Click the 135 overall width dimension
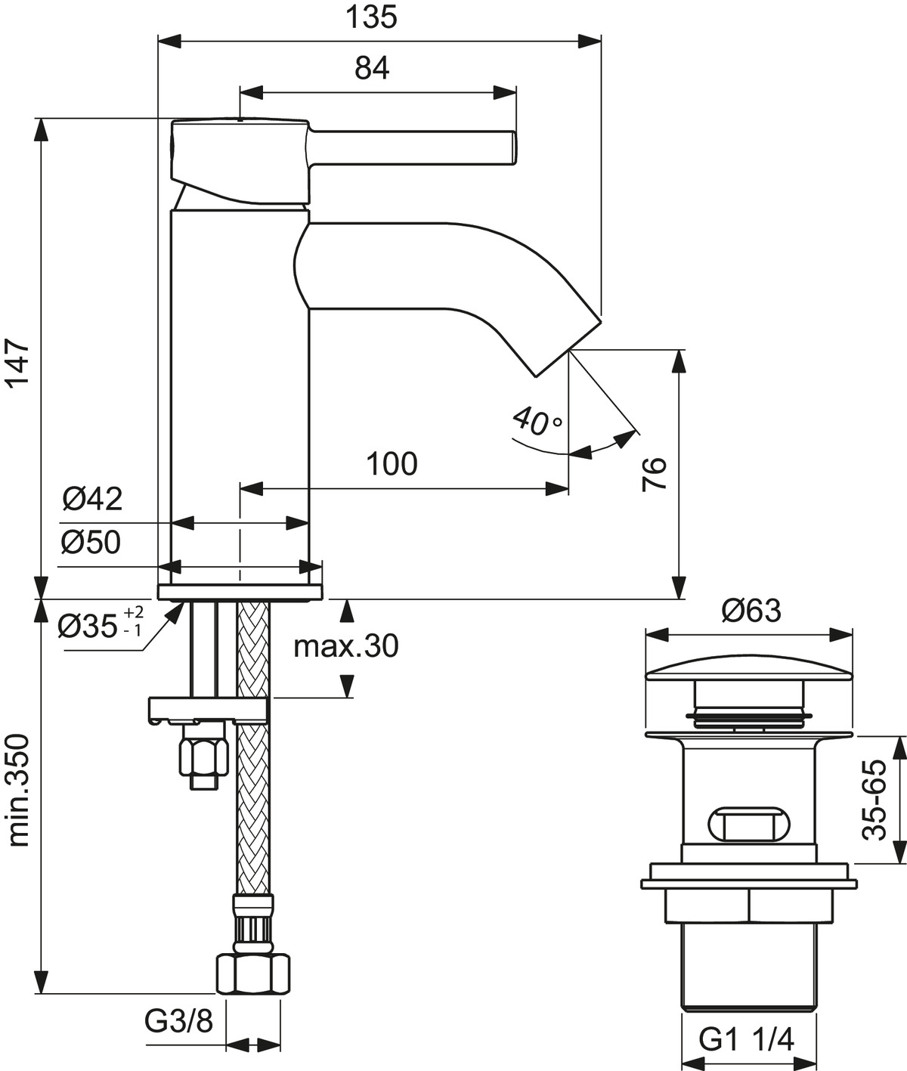click(x=371, y=17)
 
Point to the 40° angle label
click(x=537, y=421)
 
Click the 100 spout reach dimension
click(x=392, y=464)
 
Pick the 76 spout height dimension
click(x=654, y=474)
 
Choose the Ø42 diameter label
click(x=92, y=499)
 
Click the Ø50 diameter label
click(x=91, y=543)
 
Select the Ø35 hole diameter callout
click(x=101, y=625)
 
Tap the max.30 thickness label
click(x=346, y=646)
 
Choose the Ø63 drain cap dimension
click(x=751, y=611)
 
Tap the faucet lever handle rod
click(x=413, y=148)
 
